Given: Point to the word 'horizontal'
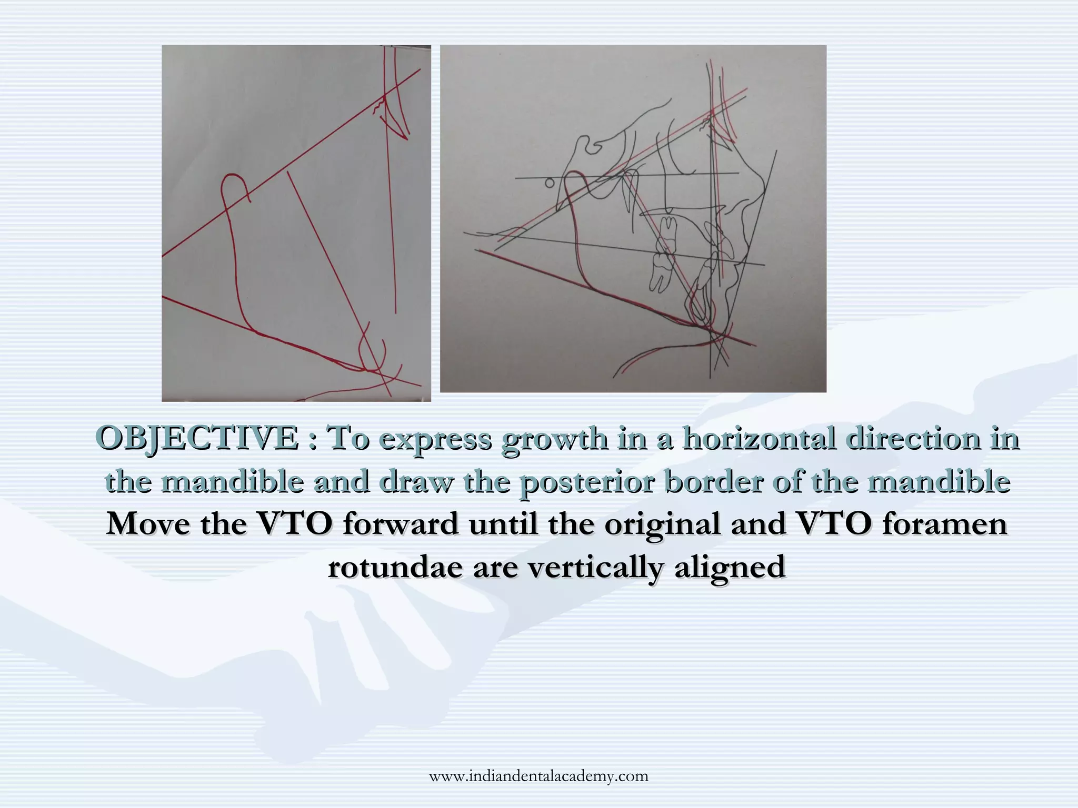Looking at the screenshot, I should pyautogui.click(x=758, y=438).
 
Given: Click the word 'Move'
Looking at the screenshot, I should pyautogui.click(x=148, y=524).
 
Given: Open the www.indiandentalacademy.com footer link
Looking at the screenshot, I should pyautogui.click(x=538, y=776).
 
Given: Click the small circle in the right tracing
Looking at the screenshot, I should pyautogui.click(x=549, y=183).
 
